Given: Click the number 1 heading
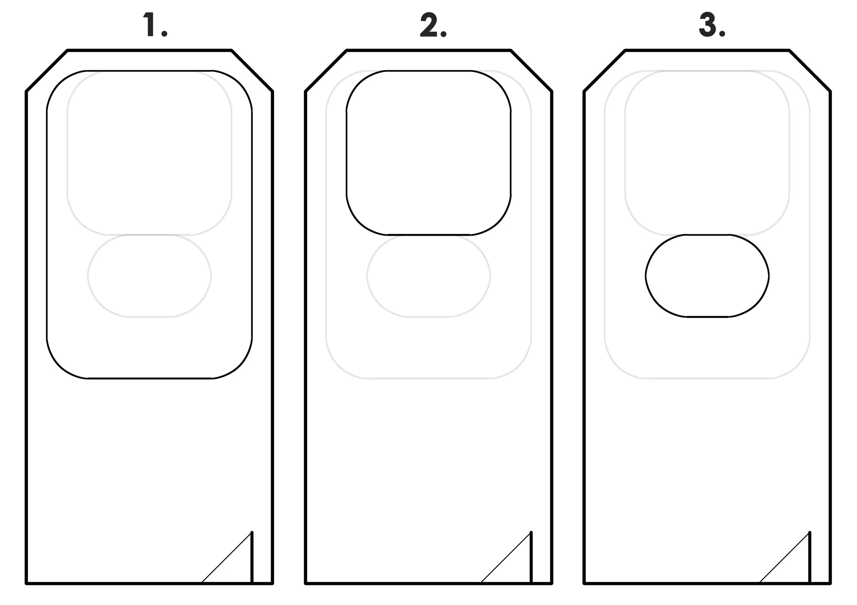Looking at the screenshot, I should pyautogui.click(x=150, y=25).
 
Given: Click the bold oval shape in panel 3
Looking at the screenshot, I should pyautogui.click(x=707, y=276).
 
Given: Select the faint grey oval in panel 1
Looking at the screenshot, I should pyautogui.click(x=149, y=276).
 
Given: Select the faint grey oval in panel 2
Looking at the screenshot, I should pyautogui.click(x=428, y=276).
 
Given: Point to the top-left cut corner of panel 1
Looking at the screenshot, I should pyautogui.click(x=47, y=71).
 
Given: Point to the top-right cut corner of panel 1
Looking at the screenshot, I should pyautogui.click(x=252, y=71).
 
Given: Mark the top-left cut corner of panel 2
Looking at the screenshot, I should pyautogui.click(x=326, y=71).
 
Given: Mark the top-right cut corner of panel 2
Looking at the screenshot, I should pyautogui.click(x=531, y=71).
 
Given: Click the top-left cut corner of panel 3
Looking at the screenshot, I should pyautogui.click(x=605, y=71).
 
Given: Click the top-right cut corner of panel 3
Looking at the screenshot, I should pyautogui.click(x=810, y=71).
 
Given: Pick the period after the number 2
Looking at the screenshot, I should pyautogui.click(x=444, y=34).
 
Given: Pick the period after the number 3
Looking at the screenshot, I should pyautogui.click(x=722, y=34).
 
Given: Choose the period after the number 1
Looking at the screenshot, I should pyautogui.click(x=164, y=34).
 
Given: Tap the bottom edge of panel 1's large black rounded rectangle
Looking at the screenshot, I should pyautogui.click(x=149, y=378).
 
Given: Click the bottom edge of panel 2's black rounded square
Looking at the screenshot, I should pyautogui.click(x=428, y=235).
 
